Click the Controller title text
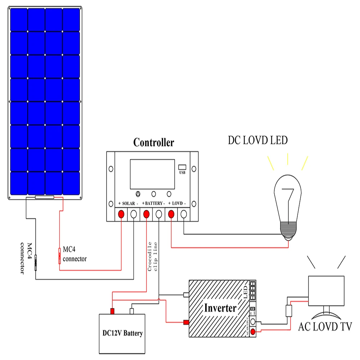[153, 143]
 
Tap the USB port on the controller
[182, 167]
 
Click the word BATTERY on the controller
[154, 203]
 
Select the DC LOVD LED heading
[258, 140]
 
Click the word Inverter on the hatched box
[220, 308]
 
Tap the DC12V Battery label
[122, 333]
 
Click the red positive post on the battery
[112, 311]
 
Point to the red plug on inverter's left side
[186, 322]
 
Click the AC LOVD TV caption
[325, 327]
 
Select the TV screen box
[326, 291]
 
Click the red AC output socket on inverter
[253, 332]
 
